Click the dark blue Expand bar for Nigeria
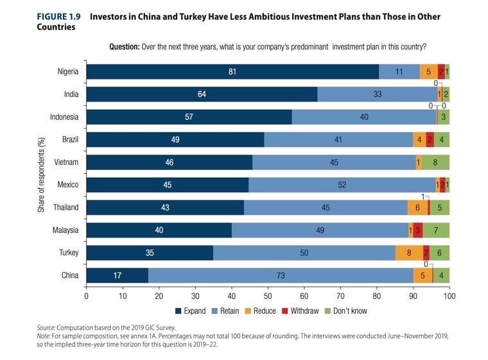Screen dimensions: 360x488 [232, 72]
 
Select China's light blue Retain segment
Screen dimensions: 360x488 [281, 275]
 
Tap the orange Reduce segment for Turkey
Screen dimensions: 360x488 [409, 253]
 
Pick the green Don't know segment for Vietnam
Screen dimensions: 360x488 [435, 162]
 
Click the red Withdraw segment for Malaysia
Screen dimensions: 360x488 [417, 230]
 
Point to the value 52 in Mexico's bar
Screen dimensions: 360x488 [342, 185]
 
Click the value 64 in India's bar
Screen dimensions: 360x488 [201, 94]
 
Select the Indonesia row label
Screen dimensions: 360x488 [64, 117]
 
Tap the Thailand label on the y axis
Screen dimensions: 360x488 [65, 207]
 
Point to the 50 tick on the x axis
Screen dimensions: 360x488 [268, 296]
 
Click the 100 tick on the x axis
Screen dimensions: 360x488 [449, 296]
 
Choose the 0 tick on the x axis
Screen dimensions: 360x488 [86, 296]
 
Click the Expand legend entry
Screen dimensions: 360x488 [190, 311]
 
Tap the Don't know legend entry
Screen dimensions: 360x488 [347, 311]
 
